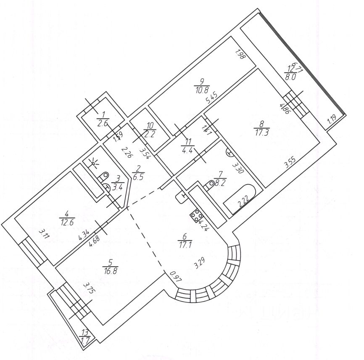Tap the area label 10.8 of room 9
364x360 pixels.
pyautogui.click(x=202, y=90)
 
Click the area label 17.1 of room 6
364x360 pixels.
pyautogui.click(x=185, y=244)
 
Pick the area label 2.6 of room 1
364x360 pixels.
pyautogui.click(x=103, y=124)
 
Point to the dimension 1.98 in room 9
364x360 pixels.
pyautogui.click(x=240, y=55)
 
